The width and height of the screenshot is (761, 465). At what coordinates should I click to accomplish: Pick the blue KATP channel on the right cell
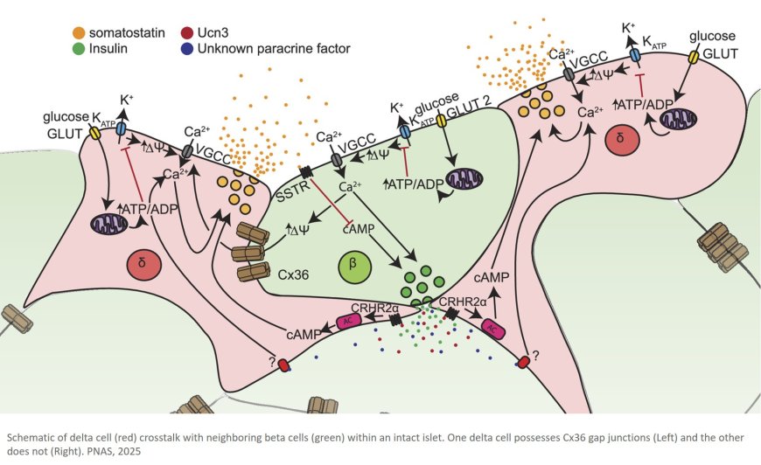point(635,54)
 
